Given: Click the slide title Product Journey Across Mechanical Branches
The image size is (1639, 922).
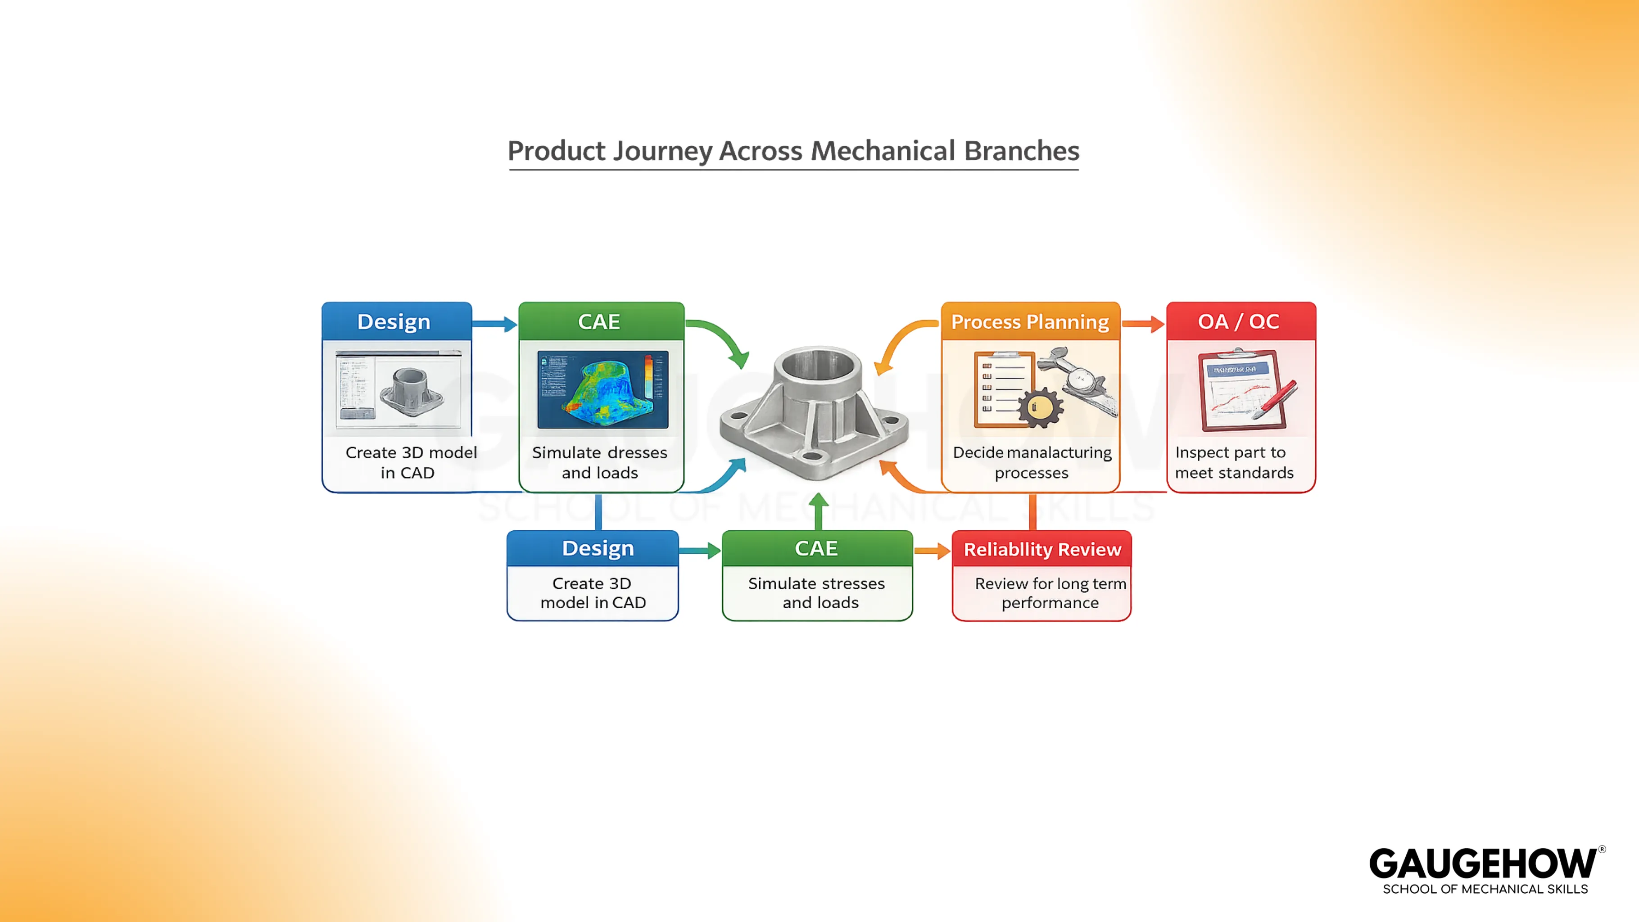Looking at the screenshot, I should click(x=793, y=151).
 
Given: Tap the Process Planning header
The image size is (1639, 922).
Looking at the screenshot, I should click(x=1029, y=322).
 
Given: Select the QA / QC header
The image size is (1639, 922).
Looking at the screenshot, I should click(x=1238, y=322).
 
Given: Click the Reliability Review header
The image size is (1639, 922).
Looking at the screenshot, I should click(x=1041, y=549).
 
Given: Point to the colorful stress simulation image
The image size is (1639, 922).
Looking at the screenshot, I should click(x=602, y=389).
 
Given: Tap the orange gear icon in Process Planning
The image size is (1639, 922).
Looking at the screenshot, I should click(x=1039, y=408).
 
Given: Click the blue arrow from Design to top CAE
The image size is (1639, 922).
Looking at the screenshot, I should click(x=494, y=324).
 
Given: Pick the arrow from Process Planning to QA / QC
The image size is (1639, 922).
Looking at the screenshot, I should click(x=1143, y=324).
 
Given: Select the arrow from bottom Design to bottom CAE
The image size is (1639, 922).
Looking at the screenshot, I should click(x=699, y=551).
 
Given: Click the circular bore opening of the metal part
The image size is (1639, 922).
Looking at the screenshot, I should click(x=818, y=365).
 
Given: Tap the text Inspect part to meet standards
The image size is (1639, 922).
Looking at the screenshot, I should click(x=1234, y=463).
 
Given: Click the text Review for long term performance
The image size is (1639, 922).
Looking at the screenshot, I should click(x=1050, y=593).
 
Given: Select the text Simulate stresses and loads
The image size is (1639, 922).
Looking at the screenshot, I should click(x=817, y=593).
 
